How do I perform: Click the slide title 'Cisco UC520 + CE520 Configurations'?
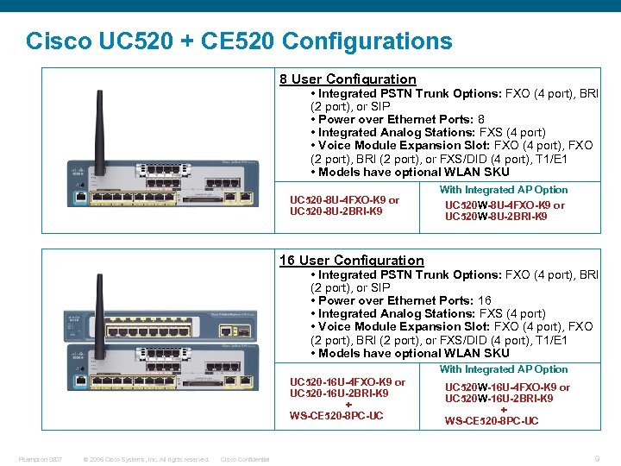(239, 41)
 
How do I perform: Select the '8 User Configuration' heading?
(348, 79)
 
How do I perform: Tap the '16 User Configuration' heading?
(351, 261)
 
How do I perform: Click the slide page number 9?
(598, 459)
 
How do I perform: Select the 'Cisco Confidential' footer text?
(245, 459)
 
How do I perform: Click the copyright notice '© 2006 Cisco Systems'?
(146, 459)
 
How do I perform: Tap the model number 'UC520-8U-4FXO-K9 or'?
(344, 200)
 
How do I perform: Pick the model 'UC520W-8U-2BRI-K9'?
(496, 217)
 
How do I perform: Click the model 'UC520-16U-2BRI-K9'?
(339, 394)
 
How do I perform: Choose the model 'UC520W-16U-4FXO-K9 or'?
(507, 387)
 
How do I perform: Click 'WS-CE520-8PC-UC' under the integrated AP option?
(492, 421)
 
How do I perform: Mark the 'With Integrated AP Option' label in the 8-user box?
(504, 190)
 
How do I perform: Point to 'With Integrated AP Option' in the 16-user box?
(504, 369)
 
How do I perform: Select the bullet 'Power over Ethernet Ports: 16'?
(400, 300)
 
